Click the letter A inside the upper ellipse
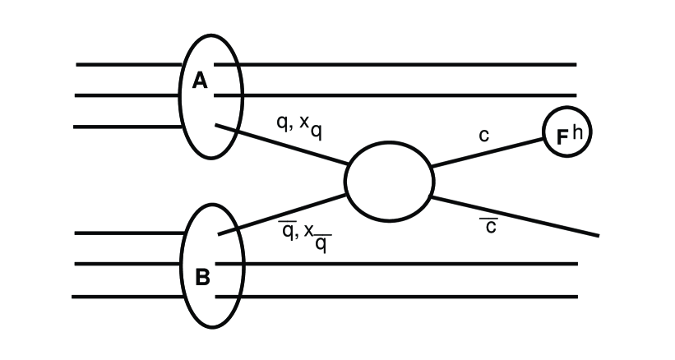coord(200,81)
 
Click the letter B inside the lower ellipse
coord(202,277)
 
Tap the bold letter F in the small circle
coord(562,137)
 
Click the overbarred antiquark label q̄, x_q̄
coord(306,236)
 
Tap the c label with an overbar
coord(489,224)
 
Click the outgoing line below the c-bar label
coord(526,219)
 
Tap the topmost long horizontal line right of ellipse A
coord(411,64)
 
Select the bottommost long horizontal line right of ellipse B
coord(411,296)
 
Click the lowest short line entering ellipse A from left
coord(127,127)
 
